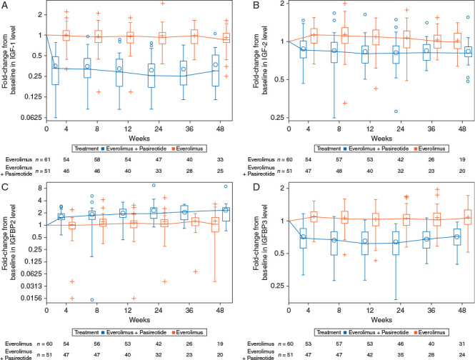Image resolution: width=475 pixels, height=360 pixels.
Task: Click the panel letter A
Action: tap(4, 6)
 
